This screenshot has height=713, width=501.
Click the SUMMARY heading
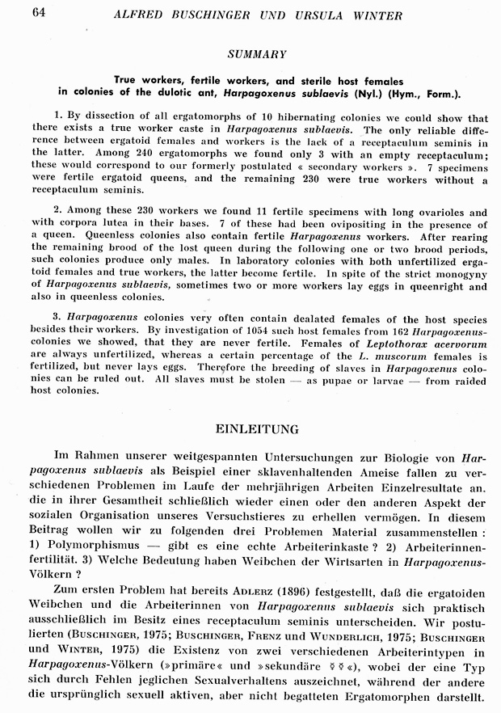click(256, 54)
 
